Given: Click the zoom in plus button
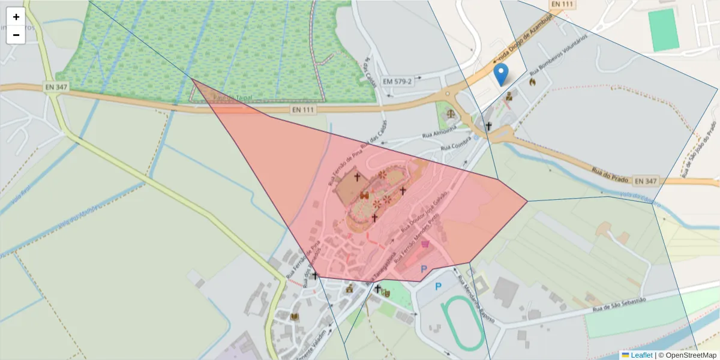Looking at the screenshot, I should (x=16, y=17).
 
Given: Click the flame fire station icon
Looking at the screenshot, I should (x=532, y=82).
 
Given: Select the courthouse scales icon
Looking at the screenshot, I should (x=449, y=113).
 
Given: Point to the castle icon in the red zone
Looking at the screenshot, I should (x=364, y=195).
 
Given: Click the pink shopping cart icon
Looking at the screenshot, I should (x=426, y=244).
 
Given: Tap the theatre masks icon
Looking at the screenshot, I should (x=386, y=292).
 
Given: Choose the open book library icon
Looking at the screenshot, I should (x=294, y=317).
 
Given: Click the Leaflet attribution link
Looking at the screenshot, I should (x=641, y=355).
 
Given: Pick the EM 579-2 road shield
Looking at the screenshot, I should (x=398, y=81).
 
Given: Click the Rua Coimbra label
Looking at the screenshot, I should (x=454, y=145).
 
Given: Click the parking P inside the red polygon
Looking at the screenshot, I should (x=424, y=269).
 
